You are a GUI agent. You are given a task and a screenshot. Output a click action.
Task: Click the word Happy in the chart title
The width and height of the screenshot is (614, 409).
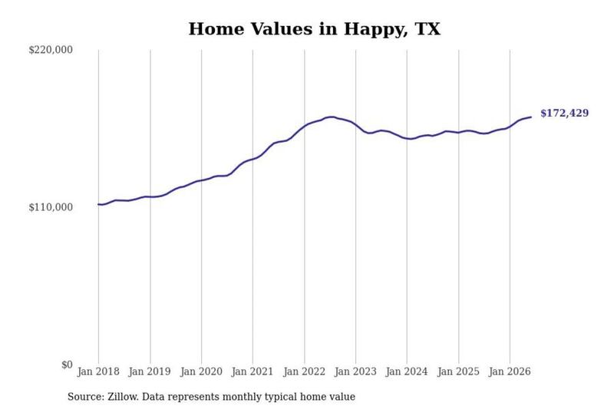pos(371,30)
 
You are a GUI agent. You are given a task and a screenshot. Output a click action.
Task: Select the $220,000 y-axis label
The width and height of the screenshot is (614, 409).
pos(51,50)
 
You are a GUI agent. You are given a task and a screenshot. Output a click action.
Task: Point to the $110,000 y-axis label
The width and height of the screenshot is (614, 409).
pos(51,207)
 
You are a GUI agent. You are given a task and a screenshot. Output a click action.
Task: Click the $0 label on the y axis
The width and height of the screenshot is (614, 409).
pos(67,364)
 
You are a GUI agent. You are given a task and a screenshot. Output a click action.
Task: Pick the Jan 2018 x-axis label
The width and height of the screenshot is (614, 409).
pos(98,371)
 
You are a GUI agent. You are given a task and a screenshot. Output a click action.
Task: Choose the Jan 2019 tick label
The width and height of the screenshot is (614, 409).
pos(150,371)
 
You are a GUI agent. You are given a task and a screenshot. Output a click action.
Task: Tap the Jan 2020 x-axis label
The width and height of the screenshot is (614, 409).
pos(201,371)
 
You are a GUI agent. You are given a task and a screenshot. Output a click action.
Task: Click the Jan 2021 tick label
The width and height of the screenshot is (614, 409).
pos(253,371)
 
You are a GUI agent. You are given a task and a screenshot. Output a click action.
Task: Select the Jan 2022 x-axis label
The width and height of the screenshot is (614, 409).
pos(304,371)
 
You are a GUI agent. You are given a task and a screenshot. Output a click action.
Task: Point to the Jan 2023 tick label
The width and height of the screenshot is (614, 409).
pos(355,371)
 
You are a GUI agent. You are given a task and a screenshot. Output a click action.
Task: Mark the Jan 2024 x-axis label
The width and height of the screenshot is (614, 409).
pos(407,371)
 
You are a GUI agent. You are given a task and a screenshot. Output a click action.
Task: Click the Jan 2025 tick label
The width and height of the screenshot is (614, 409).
pos(458,371)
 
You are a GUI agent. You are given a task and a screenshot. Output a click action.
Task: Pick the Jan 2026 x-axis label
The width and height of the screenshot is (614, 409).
pos(510,371)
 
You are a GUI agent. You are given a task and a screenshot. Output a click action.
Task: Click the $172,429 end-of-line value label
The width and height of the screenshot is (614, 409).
pos(564,113)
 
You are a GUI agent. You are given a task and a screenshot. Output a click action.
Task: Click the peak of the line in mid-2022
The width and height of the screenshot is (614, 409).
pos(332,117)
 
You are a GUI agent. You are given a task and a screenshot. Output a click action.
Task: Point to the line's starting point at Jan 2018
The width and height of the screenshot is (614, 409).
pos(99,204)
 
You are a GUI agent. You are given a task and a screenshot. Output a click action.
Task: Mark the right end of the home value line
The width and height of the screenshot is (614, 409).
pos(531,117)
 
